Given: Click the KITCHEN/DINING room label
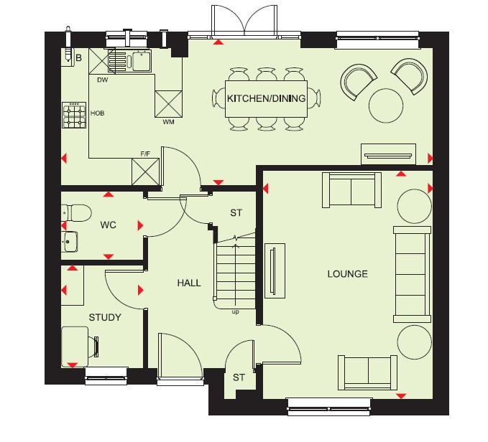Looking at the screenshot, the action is tap(266, 98).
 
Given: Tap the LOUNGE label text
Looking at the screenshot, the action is tap(347, 273).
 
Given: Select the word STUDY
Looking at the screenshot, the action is tap(105, 317).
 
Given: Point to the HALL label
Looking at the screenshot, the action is tap(189, 283).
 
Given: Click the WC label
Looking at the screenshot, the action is tap(109, 225).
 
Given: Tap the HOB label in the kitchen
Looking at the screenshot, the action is tap(98, 113).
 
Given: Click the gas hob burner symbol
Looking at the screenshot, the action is tap(74, 116).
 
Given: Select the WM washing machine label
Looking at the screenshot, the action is tap(168, 122).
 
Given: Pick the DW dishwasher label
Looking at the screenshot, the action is tap(102, 80).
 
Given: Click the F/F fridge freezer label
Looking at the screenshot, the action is tap(145, 154).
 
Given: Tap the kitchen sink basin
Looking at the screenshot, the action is tap(141, 61).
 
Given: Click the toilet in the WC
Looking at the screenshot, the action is tap(76, 213).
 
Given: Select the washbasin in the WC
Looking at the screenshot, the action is tap(70, 241).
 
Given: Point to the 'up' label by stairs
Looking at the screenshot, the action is tap(235, 312).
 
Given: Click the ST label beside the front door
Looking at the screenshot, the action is tap(239, 377).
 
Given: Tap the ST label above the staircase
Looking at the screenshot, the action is tap(236, 213).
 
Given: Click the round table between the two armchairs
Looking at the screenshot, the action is tap(386, 105).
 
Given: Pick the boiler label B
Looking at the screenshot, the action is tap(79, 58).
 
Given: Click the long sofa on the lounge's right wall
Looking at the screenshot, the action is tap(412, 274).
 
